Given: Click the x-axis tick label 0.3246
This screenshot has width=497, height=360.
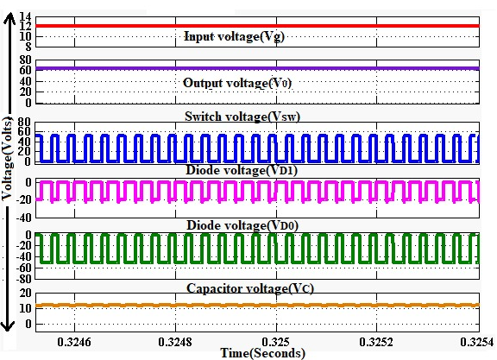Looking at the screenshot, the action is point(74,342).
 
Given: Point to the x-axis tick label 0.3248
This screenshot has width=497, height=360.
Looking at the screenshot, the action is point(175,342).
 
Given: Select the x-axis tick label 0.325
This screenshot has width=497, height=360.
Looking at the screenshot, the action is point(276,342).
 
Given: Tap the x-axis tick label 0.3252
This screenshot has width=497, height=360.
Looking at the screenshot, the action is point(376,342).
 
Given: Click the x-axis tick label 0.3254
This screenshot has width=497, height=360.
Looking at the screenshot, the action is point(477,342).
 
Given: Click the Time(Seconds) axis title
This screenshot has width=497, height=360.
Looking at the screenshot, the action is point(263,353).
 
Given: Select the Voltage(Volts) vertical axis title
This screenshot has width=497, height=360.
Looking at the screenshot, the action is point(8,159).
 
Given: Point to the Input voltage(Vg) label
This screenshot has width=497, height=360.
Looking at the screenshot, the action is point(234,36).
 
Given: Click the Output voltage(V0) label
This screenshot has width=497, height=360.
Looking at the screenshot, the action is point(237,83).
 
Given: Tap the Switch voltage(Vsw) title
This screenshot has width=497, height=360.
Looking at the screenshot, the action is point(242,117).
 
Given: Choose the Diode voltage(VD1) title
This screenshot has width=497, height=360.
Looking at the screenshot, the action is point(242,170).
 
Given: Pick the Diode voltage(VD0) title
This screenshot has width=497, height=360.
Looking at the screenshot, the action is point(242,225).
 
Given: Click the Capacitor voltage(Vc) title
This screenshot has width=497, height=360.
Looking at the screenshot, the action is point(250,288).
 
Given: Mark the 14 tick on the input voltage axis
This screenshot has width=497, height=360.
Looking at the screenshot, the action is point(25,16).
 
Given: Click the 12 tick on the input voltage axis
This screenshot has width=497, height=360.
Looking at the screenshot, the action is point(25,26).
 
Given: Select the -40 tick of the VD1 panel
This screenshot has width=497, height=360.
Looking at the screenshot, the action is point(24,218).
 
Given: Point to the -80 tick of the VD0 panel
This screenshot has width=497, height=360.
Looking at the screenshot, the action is point(24,279).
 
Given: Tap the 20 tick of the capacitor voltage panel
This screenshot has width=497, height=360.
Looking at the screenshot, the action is point(25,293).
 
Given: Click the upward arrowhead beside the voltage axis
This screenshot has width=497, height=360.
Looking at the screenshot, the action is point(9,18).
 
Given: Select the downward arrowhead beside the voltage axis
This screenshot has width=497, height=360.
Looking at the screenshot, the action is point(8,325).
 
